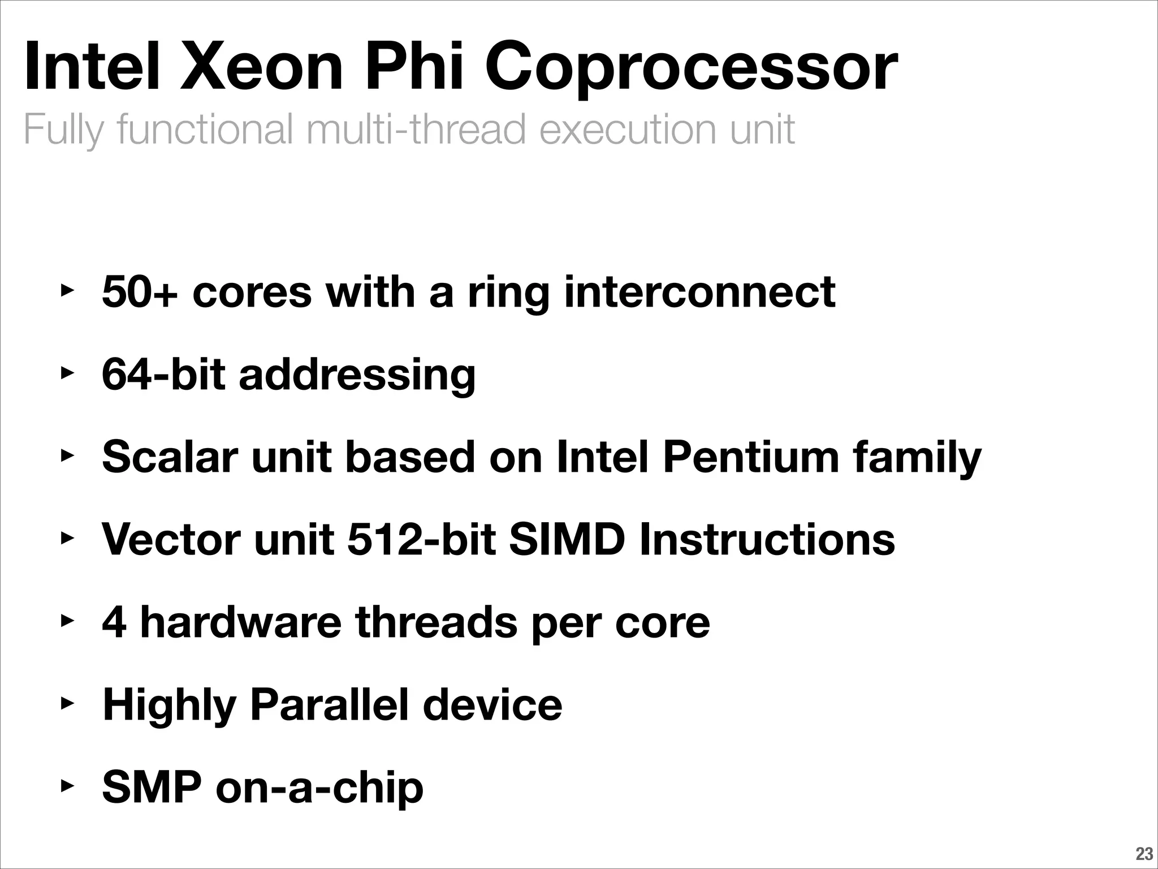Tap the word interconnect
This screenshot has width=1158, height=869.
pos(699,292)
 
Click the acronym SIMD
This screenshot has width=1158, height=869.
pos(567,539)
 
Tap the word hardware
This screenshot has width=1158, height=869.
pos(240,622)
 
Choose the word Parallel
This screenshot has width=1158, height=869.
pos(329,705)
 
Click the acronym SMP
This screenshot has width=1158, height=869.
pos(152,787)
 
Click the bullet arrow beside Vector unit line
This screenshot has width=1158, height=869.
pos(67,539)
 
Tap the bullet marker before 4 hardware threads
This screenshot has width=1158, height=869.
pos(67,622)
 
